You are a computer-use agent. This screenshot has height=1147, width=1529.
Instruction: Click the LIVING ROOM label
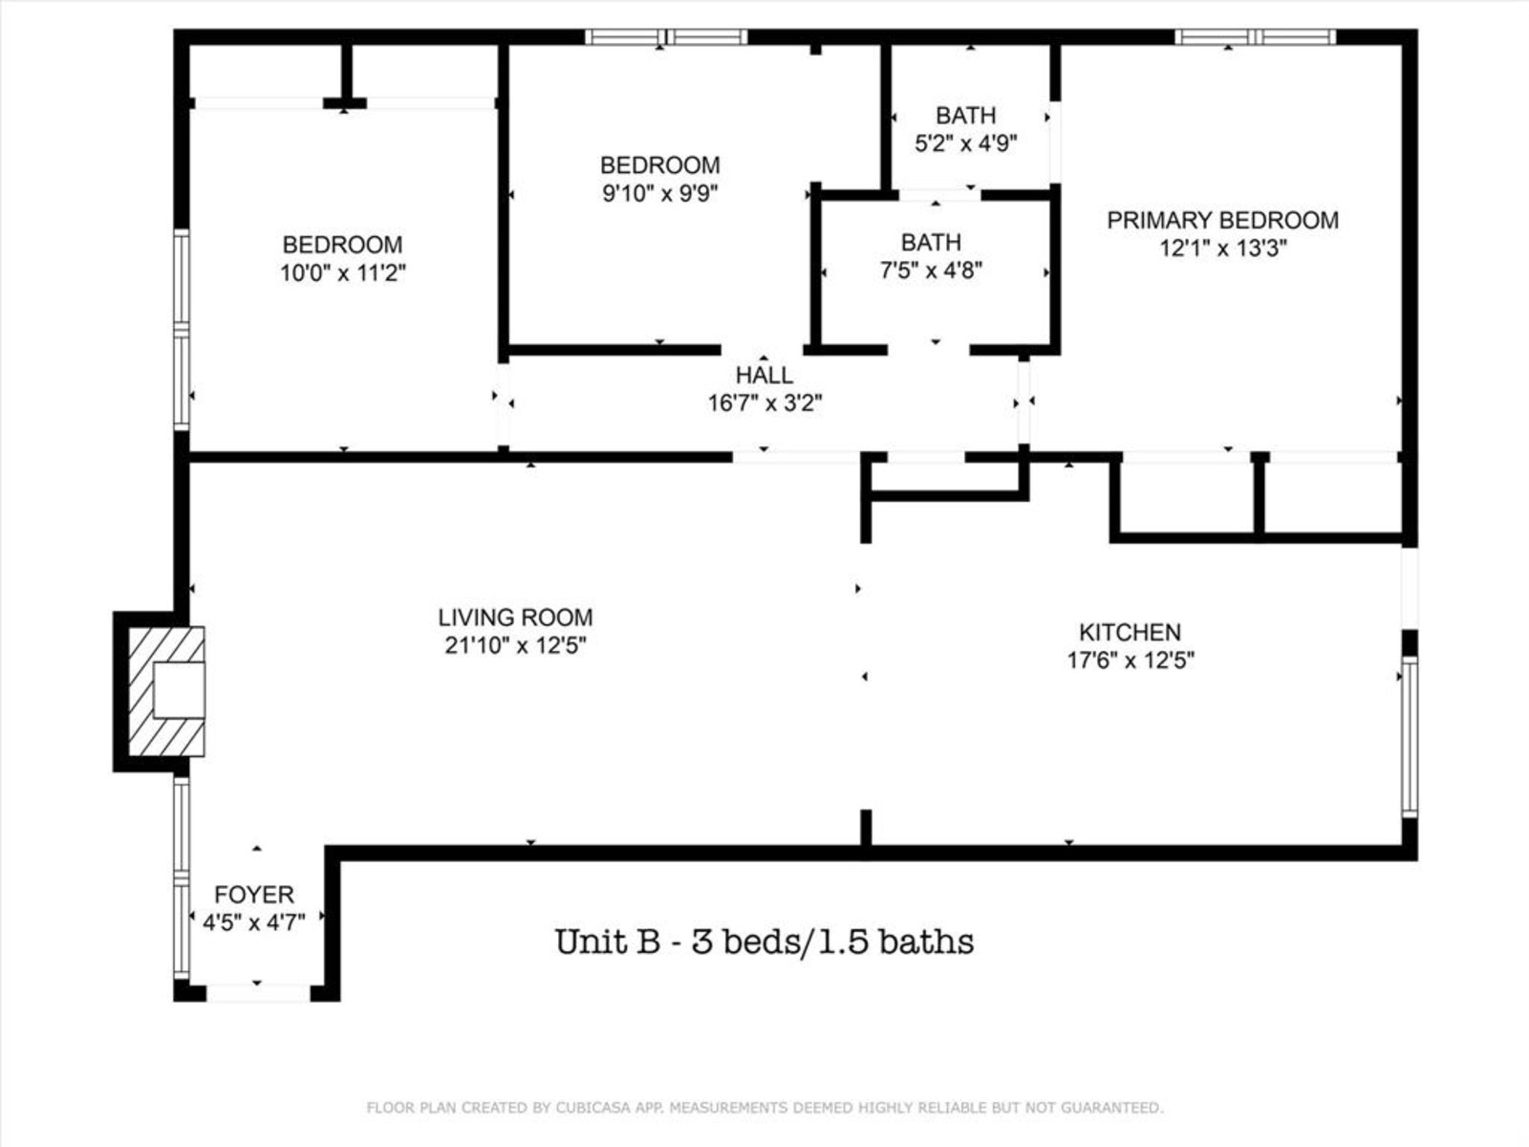click(515, 617)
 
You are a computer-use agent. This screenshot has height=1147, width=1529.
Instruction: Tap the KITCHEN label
click(1130, 632)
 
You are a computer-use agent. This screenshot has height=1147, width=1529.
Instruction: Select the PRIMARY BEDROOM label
click(1222, 220)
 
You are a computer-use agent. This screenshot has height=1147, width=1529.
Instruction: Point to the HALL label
click(764, 376)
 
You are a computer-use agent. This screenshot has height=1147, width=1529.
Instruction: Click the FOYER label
click(253, 895)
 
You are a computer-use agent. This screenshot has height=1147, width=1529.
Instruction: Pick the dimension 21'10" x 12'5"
click(515, 645)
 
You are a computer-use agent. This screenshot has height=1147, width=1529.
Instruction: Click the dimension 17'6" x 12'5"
click(1131, 660)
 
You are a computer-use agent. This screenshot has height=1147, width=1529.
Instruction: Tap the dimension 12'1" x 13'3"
click(1223, 248)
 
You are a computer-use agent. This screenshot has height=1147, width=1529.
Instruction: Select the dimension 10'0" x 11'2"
click(343, 272)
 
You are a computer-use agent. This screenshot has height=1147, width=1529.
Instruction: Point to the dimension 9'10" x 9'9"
click(659, 193)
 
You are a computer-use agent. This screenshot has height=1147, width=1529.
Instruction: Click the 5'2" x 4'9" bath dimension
click(965, 142)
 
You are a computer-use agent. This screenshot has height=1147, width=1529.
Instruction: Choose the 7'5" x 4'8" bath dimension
click(932, 270)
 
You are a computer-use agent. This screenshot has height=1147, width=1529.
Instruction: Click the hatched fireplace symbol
click(166, 691)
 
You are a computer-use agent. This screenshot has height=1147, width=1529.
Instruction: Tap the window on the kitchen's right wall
click(1410, 736)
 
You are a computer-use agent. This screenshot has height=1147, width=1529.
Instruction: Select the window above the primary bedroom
click(1256, 37)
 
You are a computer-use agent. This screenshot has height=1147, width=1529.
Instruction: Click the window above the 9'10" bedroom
click(666, 37)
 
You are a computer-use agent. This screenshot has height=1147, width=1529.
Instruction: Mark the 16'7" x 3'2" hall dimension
click(764, 403)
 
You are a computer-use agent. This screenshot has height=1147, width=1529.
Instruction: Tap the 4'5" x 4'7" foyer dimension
click(254, 922)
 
